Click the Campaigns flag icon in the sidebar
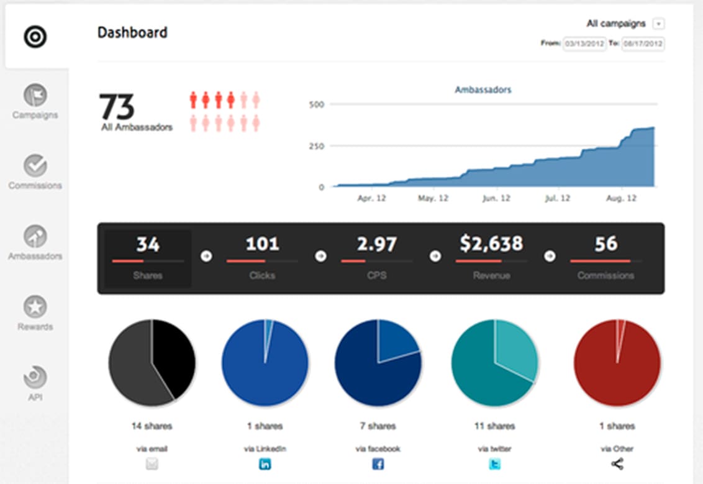click(x=35, y=95)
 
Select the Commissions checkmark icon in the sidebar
click(x=35, y=166)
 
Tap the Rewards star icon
click(x=35, y=307)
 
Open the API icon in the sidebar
click(x=35, y=377)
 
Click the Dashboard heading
click(x=132, y=32)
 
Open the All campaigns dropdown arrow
click(x=659, y=24)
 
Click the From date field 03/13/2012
click(x=584, y=44)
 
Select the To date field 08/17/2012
click(x=643, y=44)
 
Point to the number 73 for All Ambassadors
click(x=117, y=107)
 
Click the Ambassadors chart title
click(x=483, y=89)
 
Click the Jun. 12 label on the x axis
click(x=496, y=198)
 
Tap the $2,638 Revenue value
click(x=491, y=244)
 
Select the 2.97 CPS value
click(x=376, y=244)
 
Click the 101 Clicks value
click(x=262, y=244)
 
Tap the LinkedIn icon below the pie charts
click(x=265, y=463)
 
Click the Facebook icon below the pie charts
click(x=378, y=463)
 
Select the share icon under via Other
click(x=617, y=463)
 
